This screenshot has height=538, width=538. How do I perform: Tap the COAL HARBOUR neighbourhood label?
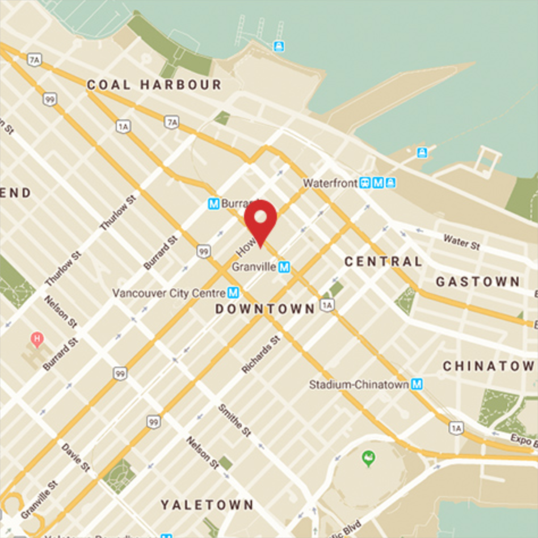point(154,85)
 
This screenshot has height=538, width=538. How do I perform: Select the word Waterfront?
point(330,183)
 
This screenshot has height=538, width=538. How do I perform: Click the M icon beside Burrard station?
point(214,203)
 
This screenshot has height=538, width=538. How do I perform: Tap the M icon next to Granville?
point(284,266)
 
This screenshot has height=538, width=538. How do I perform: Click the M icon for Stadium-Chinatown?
point(417,384)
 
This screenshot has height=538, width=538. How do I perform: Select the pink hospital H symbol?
point(37,340)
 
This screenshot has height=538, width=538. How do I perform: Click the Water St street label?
point(461,242)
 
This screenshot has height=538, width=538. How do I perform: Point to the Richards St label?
point(260,354)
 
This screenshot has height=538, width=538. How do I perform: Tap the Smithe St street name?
point(234,419)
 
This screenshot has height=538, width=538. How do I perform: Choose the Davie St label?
point(75,458)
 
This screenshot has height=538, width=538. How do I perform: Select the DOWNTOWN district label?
point(264,309)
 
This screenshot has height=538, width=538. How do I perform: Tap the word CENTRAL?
point(383,262)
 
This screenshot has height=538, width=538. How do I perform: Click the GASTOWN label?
point(477,281)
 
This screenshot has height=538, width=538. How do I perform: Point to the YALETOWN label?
point(207,505)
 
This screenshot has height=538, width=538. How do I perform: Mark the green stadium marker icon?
point(368,457)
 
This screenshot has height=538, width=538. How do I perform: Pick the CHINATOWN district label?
point(488,366)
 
